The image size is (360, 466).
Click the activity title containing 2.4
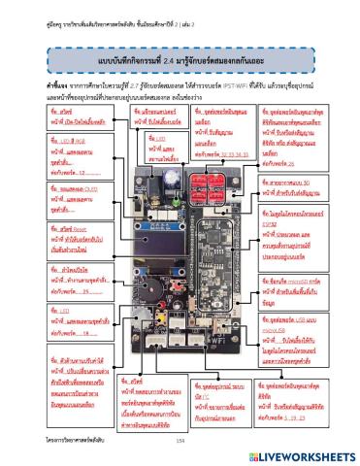180,62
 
